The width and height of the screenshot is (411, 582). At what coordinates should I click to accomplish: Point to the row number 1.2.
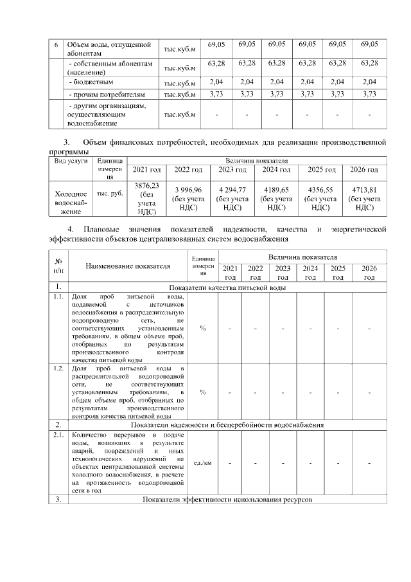58,367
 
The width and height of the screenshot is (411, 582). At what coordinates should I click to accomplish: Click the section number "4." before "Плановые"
71,229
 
